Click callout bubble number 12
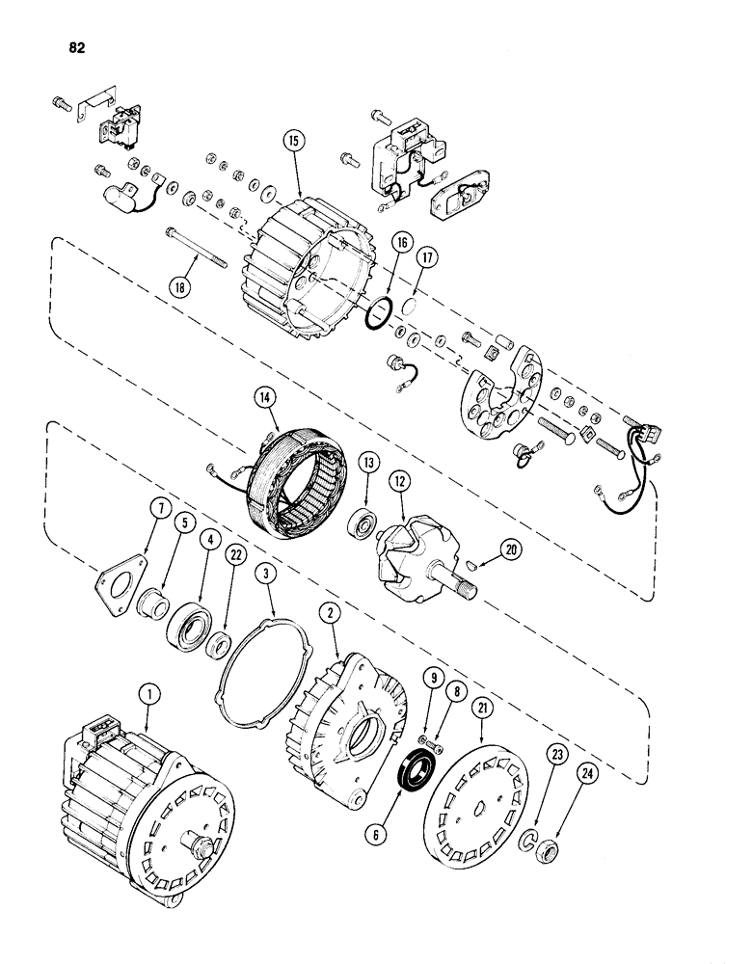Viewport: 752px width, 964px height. click(399, 479)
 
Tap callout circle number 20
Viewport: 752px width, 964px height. click(508, 549)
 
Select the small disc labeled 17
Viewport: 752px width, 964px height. click(408, 308)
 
